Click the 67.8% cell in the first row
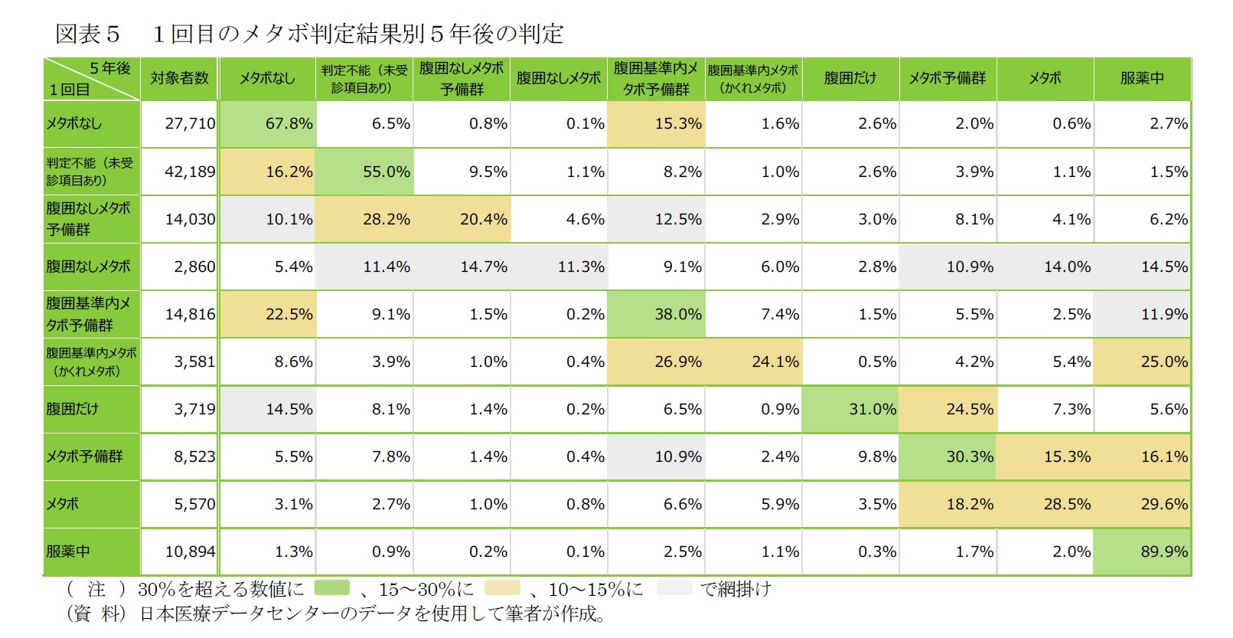[x=267, y=124]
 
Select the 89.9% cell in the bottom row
[x=1142, y=551]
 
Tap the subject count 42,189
[x=180, y=172]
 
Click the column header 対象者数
[x=180, y=78]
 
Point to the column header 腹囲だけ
[x=850, y=78]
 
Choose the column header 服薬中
[x=1142, y=78]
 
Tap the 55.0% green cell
[x=364, y=172]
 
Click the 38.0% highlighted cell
[x=656, y=314]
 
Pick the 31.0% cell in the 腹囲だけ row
[x=850, y=409]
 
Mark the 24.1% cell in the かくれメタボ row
[x=753, y=362]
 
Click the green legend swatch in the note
[x=332, y=588]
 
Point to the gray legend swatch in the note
[x=674, y=588]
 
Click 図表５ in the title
[x=88, y=34]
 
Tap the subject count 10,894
[x=180, y=551]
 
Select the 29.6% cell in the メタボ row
[x=1142, y=504]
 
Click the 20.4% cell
[x=462, y=219]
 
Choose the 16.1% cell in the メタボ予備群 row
[x=1142, y=456]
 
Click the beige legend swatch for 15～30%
[x=502, y=588]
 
